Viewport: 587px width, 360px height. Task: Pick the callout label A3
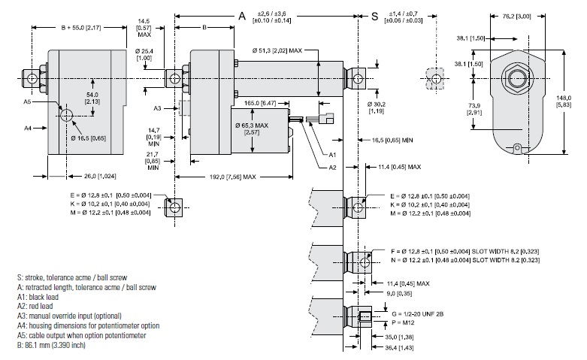click(x=157, y=108)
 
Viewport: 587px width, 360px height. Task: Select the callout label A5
click(x=26, y=101)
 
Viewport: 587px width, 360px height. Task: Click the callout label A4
click(x=26, y=129)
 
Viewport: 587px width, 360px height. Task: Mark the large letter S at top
click(x=374, y=16)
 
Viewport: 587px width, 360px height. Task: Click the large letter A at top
click(x=242, y=16)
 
